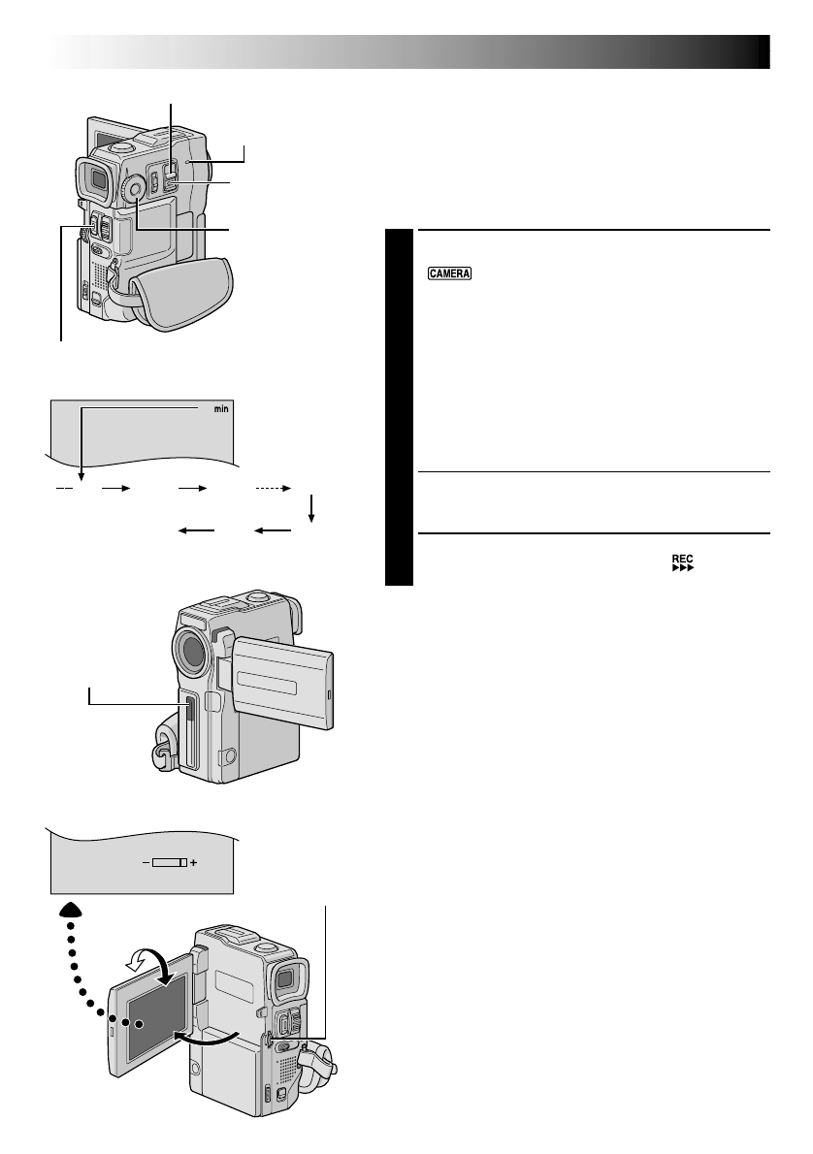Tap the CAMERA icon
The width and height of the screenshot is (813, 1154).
click(447, 274)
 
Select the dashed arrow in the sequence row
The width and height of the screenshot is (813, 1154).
click(273, 490)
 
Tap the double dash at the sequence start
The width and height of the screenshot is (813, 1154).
click(64, 490)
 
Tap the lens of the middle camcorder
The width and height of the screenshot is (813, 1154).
click(192, 655)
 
